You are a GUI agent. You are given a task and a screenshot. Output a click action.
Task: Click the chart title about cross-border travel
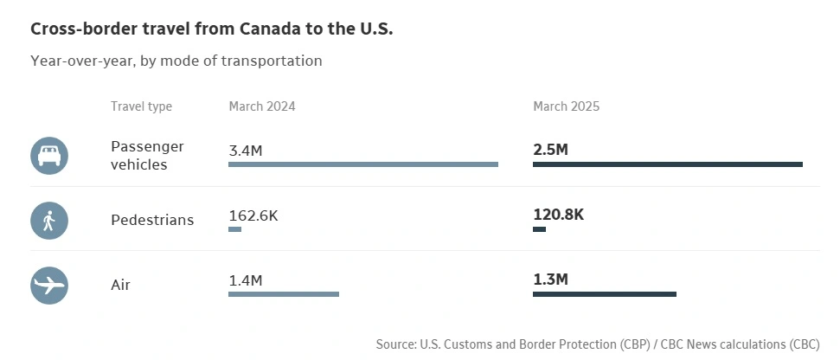[212, 29]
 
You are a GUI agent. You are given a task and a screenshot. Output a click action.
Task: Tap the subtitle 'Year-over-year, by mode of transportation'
[176, 61]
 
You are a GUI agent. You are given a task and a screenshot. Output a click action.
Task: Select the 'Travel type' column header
[141, 106]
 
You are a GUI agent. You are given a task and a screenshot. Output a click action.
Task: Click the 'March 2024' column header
[262, 106]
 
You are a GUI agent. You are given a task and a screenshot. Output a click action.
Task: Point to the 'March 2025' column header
[566, 106]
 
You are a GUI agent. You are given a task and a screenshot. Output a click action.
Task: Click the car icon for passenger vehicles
[48, 155]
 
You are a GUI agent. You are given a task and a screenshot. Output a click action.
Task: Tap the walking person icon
[48, 220]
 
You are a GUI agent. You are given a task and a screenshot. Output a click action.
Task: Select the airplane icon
[48, 285]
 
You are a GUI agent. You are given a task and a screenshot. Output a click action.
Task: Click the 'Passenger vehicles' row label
[147, 155]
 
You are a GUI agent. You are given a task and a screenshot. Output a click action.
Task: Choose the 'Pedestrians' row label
[152, 220]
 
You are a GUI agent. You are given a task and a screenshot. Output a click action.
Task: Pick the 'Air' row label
[120, 285]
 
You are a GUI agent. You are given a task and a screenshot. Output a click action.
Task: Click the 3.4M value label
[246, 151]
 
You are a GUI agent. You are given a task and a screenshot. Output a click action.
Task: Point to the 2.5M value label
[551, 150]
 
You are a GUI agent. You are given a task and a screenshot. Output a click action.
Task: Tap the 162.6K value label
[253, 215]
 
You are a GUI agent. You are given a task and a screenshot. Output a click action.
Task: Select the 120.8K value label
[559, 215]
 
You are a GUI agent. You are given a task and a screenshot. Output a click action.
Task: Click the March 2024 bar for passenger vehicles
[363, 164]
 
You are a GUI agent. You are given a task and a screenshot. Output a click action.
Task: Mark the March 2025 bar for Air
[604, 294]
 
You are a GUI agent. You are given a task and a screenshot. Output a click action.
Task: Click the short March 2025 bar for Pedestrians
[539, 229]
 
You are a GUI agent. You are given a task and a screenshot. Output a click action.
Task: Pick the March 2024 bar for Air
[284, 294]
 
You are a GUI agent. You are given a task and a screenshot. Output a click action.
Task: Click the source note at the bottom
[597, 344]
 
